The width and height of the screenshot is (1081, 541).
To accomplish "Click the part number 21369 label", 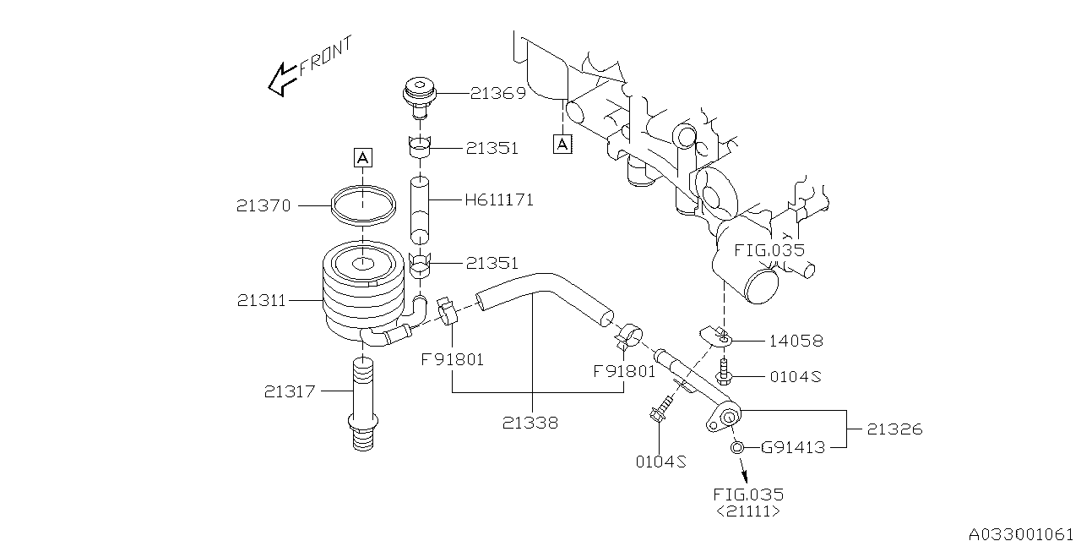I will (497, 93).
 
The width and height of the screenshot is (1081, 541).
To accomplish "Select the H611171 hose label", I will (499, 201).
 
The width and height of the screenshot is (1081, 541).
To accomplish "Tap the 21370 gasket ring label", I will (264, 205).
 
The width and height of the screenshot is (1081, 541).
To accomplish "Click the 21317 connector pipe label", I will (290, 391).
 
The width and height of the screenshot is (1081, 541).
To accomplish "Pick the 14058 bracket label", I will (796, 341).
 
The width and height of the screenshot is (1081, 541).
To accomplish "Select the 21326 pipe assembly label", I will (894, 429).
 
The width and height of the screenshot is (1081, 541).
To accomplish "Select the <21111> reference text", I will (747, 511).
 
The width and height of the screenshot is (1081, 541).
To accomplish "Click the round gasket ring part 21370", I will (363, 205).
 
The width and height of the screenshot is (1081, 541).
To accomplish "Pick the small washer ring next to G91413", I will (736, 447).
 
